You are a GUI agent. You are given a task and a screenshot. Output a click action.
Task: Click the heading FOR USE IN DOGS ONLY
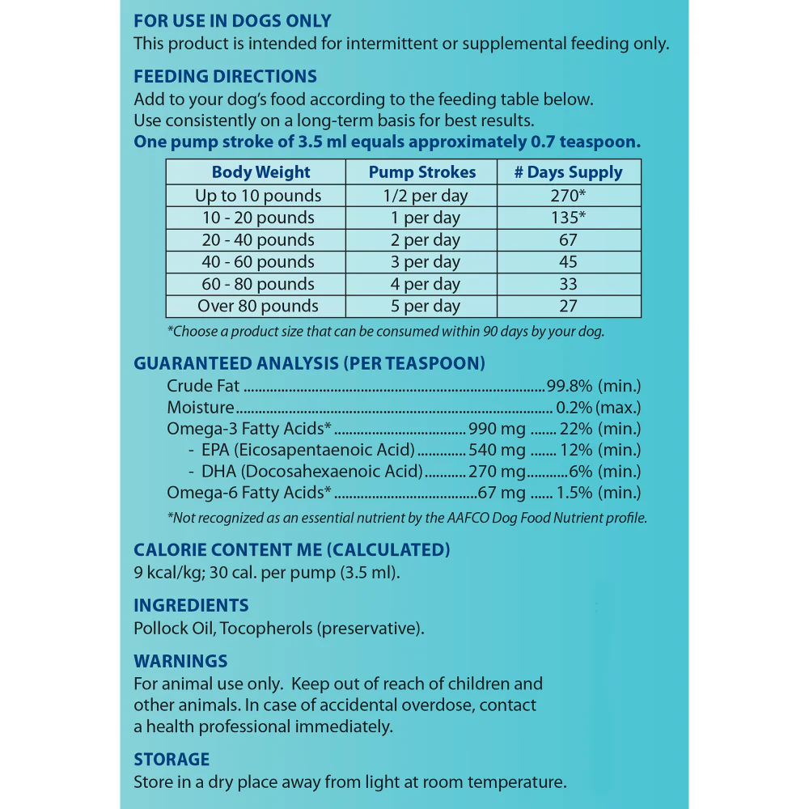tap(232, 22)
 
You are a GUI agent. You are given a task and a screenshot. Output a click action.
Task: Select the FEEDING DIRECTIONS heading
tap(225, 77)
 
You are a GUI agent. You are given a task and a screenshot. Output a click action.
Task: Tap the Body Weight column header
tap(260, 172)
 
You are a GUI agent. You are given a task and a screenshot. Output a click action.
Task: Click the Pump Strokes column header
tap(422, 172)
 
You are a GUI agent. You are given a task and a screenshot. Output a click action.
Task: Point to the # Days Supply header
tap(569, 172)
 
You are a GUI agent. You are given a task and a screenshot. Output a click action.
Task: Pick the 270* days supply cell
tap(569, 196)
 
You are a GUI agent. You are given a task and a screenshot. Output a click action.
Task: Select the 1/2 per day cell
tap(422, 196)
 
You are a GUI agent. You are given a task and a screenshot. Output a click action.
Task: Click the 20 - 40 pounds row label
tap(257, 240)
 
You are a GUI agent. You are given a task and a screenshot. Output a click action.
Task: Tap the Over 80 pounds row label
tap(257, 307)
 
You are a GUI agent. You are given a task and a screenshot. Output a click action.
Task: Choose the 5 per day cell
tap(422, 307)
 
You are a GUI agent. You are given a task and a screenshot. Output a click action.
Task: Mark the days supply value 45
tap(568, 262)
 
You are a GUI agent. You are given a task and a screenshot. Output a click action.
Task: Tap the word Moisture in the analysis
tap(201, 408)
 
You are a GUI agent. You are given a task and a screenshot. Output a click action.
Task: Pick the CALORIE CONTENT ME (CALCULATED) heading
tap(292, 550)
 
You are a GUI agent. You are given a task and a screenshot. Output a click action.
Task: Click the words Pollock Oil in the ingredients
tap(173, 629)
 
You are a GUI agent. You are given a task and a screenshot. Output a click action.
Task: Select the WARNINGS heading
tap(180, 661)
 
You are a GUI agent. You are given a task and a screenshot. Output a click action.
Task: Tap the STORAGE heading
tap(172, 760)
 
